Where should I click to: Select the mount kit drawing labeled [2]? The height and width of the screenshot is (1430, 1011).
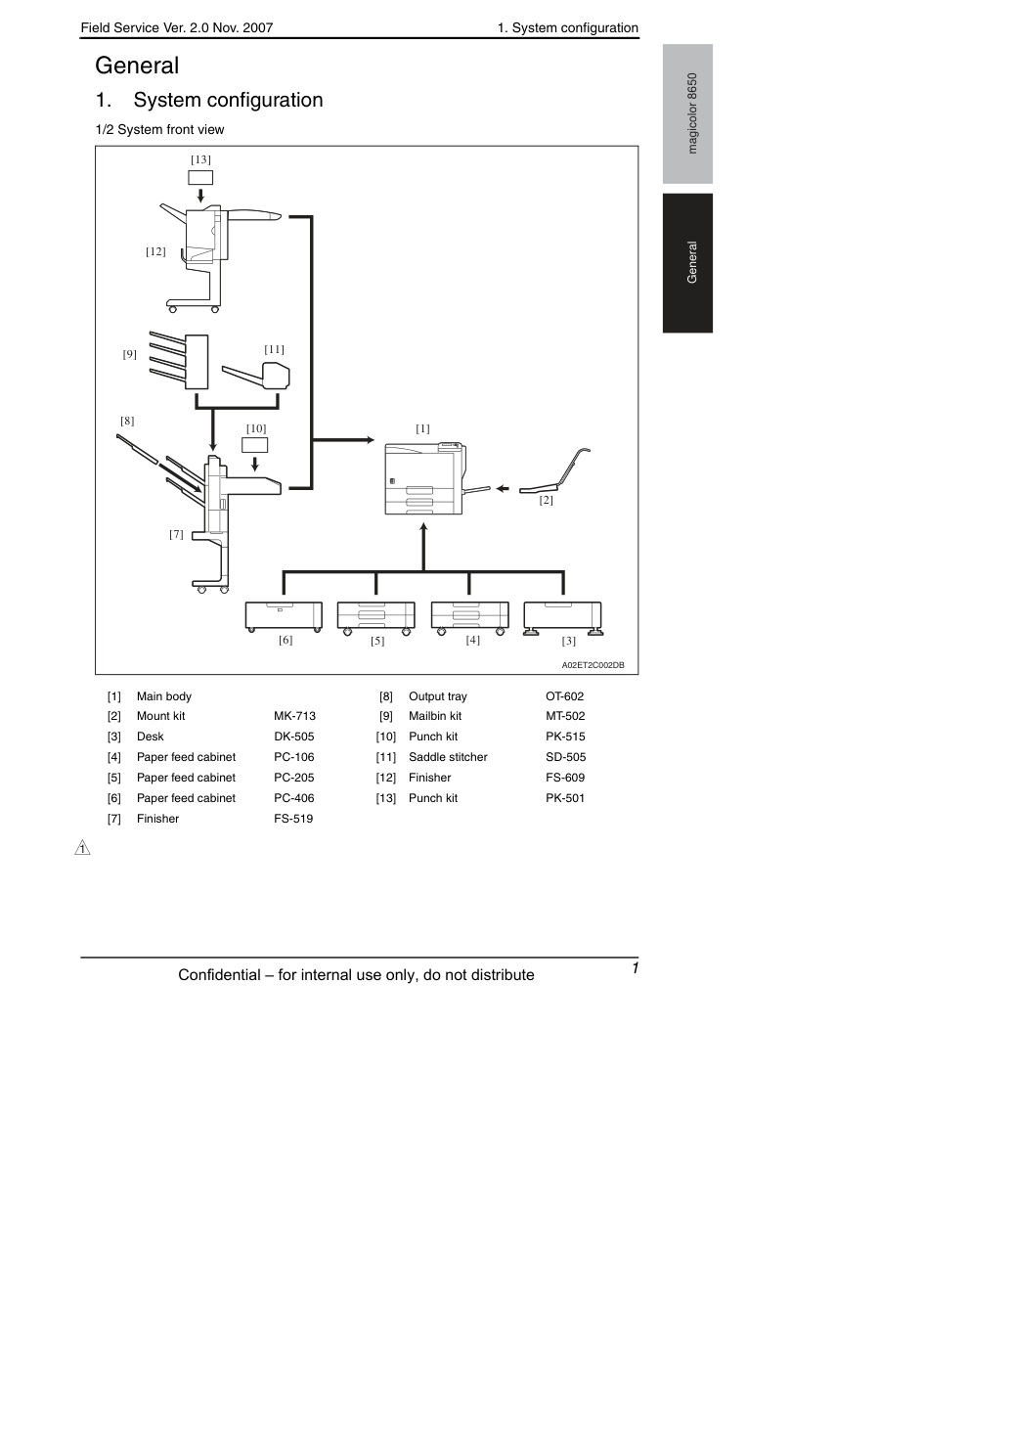pos(554,471)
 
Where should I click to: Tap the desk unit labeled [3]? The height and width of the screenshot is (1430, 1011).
pos(563,618)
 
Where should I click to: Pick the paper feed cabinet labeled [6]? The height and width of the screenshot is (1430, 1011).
pos(284,616)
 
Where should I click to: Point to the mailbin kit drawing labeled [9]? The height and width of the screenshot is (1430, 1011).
pos(179,360)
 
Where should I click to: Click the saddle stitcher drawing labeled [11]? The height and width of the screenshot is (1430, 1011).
pos(256,376)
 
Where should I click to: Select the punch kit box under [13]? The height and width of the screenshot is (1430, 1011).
pos(200,177)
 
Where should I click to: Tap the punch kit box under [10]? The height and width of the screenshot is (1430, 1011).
pos(254,445)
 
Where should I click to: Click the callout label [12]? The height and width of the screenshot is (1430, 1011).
pos(155,251)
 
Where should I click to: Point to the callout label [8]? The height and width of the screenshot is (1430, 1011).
pos(127,421)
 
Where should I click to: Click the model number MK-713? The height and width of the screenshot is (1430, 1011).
pos(295,716)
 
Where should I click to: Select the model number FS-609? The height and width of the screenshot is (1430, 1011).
pos(565,778)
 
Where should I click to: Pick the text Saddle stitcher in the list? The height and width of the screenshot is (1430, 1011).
pos(448,757)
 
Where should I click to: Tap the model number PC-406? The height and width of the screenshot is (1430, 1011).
pos(294,798)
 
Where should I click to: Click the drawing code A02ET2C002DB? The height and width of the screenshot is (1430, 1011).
pos(593,665)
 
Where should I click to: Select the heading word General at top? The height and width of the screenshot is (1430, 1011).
pos(137,66)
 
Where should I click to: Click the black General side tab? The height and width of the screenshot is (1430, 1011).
pos(687,263)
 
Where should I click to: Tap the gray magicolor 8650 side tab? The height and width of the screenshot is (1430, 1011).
pos(687,113)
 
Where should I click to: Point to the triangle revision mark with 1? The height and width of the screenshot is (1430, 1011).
pos(82,848)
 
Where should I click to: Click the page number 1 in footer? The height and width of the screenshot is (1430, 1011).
pos(636,968)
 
